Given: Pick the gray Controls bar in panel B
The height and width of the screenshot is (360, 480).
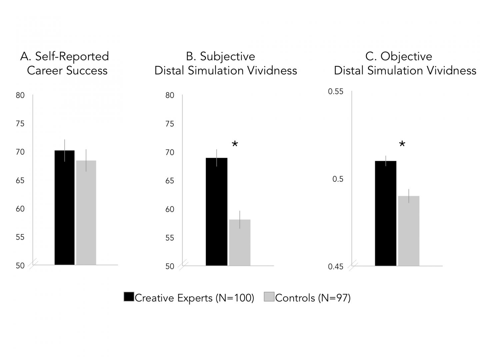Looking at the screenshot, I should pyautogui.click(x=239, y=242).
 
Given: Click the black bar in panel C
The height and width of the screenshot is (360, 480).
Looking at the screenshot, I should pyautogui.click(x=385, y=213).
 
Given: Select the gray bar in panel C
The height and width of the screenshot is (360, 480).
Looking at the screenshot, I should pyautogui.click(x=408, y=231).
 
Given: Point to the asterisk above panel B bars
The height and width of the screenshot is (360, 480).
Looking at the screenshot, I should pyautogui.click(x=235, y=145).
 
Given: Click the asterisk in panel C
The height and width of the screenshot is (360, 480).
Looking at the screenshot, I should pyautogui.click(x=402, y=145).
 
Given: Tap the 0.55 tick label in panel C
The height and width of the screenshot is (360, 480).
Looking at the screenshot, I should pyautogui.click(x=335, y=91).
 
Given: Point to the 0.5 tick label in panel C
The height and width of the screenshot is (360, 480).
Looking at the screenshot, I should pyautogui.click(x=337, y=179).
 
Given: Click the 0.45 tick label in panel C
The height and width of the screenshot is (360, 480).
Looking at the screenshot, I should pyautogui.click(x=335, y=267).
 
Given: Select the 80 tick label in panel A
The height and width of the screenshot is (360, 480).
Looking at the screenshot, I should pyautogui.click(x=20, y=95).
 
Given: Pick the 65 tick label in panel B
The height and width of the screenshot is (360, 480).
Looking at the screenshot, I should pyautogui.click(x=170, y=181).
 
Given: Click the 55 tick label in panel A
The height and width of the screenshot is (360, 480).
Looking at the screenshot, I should pyautogui.click(x=20, y=237).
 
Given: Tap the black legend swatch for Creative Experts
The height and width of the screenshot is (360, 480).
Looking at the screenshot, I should pyautogui.click(x=129, y=297).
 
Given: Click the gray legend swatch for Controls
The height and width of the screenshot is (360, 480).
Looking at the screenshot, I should pyautogui.click(x=269, y=297).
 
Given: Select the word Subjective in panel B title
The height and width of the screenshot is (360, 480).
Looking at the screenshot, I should pyautogui.click(x=227, y=56).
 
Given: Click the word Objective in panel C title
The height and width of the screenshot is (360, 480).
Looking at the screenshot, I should pyautogui.click(x=406, y=56).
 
